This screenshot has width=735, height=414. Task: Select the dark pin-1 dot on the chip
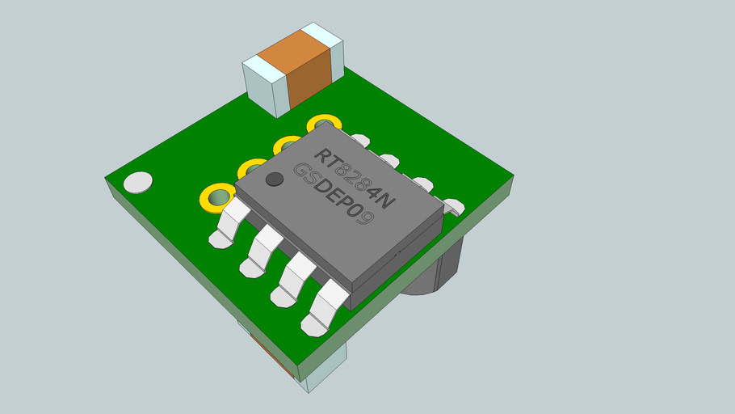(x=275, y=179)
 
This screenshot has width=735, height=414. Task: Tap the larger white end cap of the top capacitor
(x=267, y=85)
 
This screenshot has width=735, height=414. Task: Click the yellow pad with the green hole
(x=216, y=196)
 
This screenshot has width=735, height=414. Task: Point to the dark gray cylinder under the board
(x=436, y=267)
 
